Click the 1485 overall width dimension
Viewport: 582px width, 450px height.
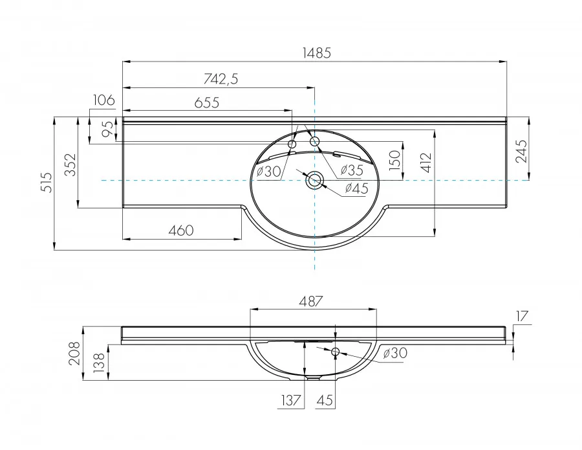click(x=317, y=53)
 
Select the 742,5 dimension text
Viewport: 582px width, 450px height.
click(x=221, y=79)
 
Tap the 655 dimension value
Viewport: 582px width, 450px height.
click(x=207, y=102)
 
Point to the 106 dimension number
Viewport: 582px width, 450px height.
click(x=103, y=100)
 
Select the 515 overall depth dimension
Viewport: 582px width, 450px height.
click(x=47, y=182)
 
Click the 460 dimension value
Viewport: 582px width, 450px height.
click(x=181, y=231)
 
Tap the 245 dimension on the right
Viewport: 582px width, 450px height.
click(x=521, y=151)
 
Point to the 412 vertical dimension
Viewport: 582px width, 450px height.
click(x=427, y=163)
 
